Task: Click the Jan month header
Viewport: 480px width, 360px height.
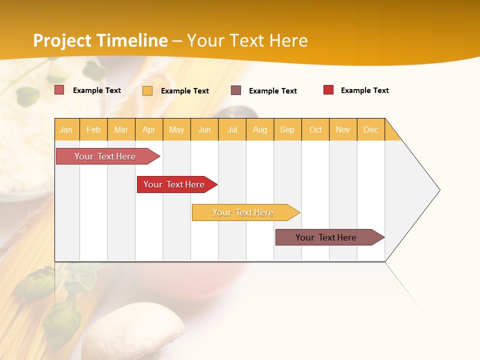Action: [x=66, y=129]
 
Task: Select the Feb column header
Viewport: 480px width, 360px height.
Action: [x=93, y=129]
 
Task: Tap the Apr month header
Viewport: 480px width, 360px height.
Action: [x=149, y=129]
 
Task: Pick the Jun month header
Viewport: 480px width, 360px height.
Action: [x=204, y=129]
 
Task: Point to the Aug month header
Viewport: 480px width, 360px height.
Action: [x=260, y=129]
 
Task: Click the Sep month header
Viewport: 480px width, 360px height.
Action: [x=287, y=129]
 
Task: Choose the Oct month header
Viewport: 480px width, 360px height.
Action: [x=315, y=129]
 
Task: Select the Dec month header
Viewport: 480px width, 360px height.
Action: [x=371, y=129]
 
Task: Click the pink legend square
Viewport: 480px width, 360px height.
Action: [x=59, y=90]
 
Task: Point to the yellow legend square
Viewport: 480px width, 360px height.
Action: [x=147, y=90]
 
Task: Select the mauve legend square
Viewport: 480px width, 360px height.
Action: [x=236, y=90]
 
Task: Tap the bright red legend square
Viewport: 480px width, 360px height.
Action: [x=328, y=90]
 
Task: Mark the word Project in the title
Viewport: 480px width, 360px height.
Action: [x=61, y=40]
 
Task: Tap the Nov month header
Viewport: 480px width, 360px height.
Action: [x=343, y=129]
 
